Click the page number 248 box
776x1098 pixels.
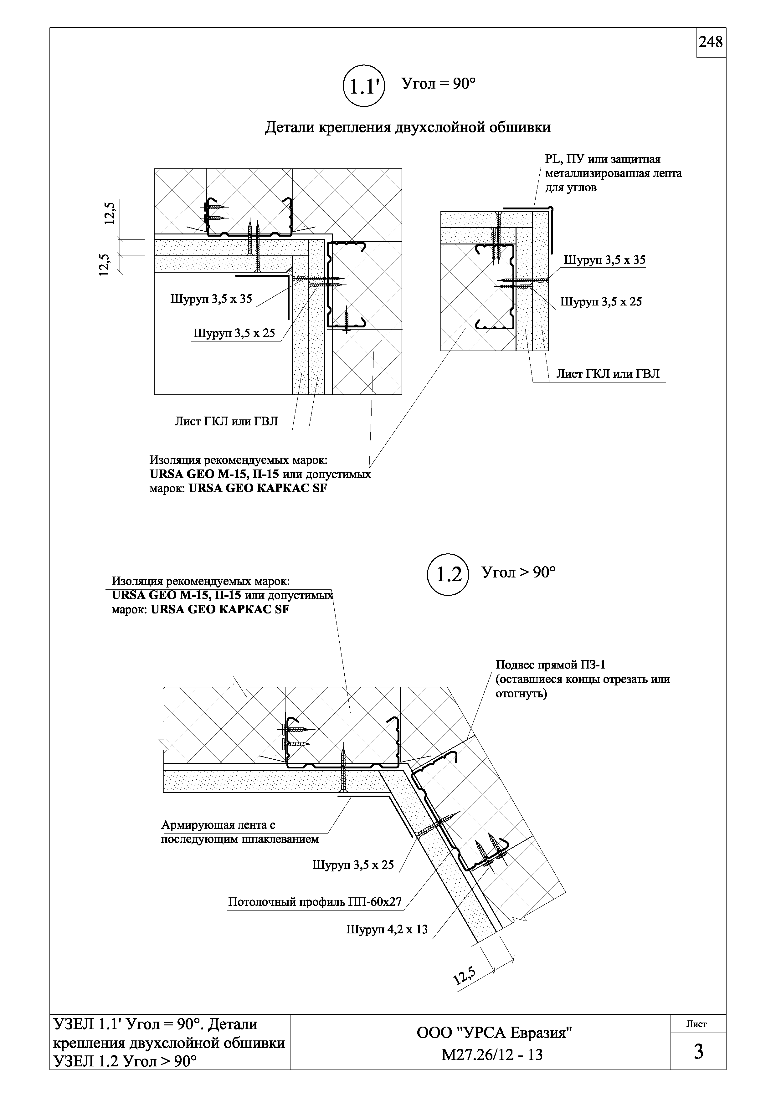click(711, 43)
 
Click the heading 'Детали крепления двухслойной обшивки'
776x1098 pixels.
click(408, 127)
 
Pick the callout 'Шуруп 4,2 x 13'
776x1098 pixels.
click(387, 930)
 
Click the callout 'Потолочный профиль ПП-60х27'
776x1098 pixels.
click(315, 902)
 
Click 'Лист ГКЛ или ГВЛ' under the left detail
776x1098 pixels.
click(226, 421)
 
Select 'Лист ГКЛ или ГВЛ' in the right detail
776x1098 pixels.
click(607, 373)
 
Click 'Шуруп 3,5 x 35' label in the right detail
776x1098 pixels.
click(604, 260)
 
